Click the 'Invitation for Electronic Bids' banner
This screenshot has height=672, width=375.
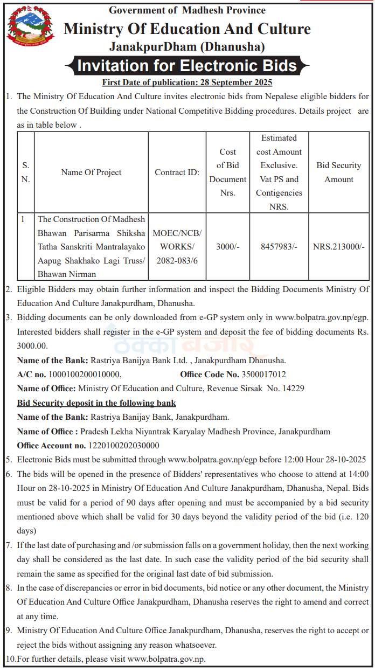pos(187,66)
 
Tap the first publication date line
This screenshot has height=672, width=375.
pos(187,82)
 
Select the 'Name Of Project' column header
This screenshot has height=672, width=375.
pos(91,172)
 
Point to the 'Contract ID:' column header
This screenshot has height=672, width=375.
pos(177,172)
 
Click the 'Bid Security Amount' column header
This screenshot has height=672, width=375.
pos(339,172)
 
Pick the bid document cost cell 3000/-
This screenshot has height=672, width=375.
pos(227,247)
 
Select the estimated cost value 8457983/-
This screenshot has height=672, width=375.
pos(279,247)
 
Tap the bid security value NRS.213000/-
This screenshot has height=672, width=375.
pos(339,247)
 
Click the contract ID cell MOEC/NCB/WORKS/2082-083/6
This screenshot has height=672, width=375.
pos(177,247)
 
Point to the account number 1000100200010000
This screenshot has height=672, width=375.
pos(85,374)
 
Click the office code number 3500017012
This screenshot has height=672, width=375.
pos(264,374)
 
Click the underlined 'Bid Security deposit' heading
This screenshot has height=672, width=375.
pos(96,403)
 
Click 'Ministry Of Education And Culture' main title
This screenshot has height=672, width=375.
pos(187,29)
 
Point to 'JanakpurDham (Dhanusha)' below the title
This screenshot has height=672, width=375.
pos(187,47)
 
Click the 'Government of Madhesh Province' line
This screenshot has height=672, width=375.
pos(187,10)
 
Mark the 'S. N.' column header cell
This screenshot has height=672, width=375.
pos(25,172)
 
